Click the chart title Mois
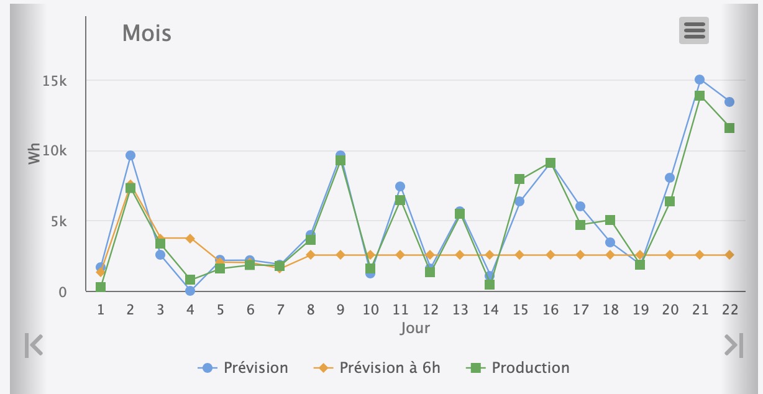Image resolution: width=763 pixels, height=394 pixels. [147, 32]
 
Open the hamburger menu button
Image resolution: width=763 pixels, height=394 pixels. [693, 30]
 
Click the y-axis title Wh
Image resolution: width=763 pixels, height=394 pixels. [35, 153]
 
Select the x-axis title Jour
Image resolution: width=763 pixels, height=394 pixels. [414, 328]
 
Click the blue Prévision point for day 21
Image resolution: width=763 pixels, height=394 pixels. [700, 80]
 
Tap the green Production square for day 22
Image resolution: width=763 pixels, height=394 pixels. [729, 128]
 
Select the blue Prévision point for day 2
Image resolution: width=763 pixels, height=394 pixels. [130, 155]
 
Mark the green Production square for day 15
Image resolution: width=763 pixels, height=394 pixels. [519, 180]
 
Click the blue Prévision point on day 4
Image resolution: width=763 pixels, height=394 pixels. [190, 290]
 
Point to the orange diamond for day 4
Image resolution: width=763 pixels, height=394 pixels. [190, 239]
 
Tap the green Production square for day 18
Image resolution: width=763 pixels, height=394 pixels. [610, 220]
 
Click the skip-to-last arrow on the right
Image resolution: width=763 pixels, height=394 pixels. [734, 346]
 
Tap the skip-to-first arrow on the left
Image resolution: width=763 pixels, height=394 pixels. [34, 346]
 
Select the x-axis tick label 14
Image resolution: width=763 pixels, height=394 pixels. [490, 309]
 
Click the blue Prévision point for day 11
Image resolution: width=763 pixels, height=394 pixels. [400, 186]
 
